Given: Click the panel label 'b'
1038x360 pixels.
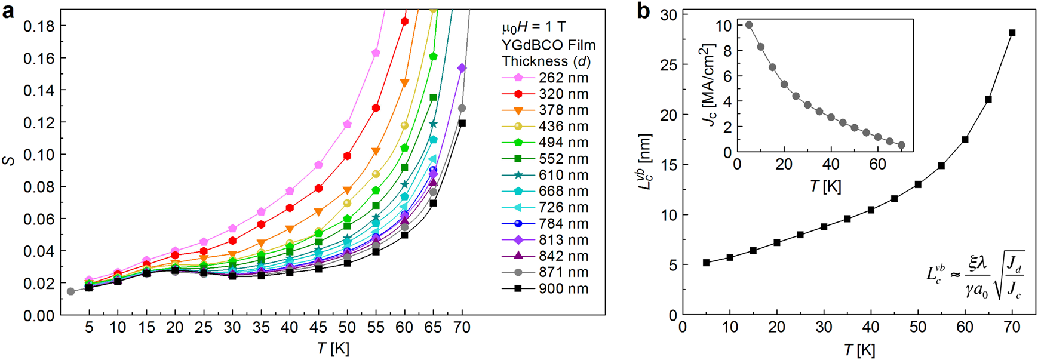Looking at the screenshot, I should pyautogui.click(x=643, y=10).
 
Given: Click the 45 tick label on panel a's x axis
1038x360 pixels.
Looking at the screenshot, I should pyautogui.click(x=318, y=328).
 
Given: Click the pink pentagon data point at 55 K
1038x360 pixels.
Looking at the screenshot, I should pyautogui.click(x=376, y=53).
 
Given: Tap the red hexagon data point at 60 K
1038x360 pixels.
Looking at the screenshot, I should pyautogui.click(x=404, y=21).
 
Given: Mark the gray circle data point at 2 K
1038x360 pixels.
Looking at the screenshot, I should pyautogui.click(x=71, y=291).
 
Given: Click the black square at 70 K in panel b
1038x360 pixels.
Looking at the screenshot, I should pyautogui.click(x=1012, y=33).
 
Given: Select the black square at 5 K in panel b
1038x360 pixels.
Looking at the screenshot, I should pyautogui.click(x=706, y=263).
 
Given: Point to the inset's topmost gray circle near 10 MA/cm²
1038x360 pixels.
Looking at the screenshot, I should pyautogui.click(x=749, y=25).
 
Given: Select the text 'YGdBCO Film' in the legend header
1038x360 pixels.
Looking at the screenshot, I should pyautogui.click(x=548, y=45).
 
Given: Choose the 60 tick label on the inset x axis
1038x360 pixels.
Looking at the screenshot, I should pyautogui.click(x=877, y=164).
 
